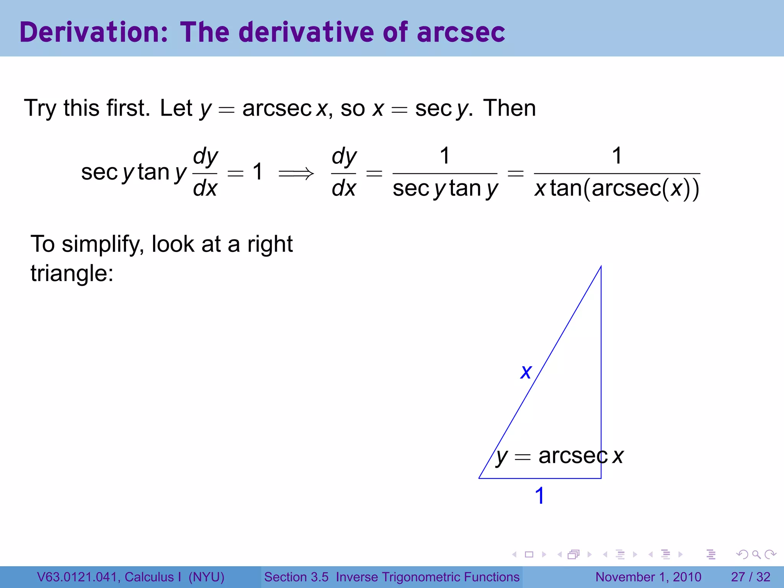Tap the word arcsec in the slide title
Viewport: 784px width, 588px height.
pos(461,32)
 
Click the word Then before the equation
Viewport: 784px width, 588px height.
pos(509,108)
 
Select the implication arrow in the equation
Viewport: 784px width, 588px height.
pos(296,174)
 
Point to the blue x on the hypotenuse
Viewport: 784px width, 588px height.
pos(526,372)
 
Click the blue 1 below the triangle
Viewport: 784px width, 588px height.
pos(539,496)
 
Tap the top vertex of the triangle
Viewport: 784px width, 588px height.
pos(601,266)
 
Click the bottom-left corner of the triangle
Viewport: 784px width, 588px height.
pos(479,478)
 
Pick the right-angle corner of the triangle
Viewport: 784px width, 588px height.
pos(601,478)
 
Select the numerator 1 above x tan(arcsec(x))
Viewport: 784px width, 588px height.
pos(617,156)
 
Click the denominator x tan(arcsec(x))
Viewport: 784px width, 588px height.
pos(617,189)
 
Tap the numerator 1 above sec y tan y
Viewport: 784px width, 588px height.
pos(444,156)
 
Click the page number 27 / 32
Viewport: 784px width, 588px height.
pos(750,577)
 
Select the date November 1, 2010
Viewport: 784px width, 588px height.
pos(648,577)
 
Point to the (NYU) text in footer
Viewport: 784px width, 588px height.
pos(206,577)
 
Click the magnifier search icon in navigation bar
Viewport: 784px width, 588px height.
pos(756,554)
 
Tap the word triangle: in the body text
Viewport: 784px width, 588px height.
pos(72,273)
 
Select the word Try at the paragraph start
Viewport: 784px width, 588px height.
pos(40,108)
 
